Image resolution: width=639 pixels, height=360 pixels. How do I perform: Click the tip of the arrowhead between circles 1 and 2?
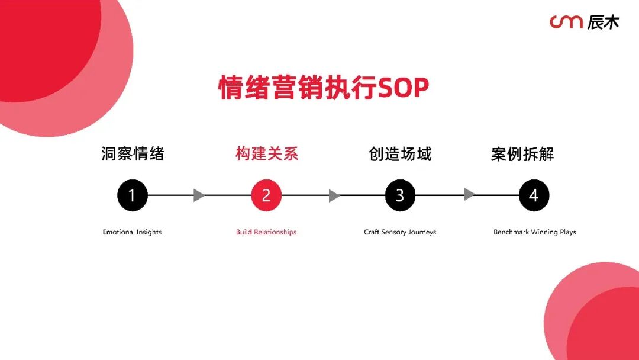[205, 195]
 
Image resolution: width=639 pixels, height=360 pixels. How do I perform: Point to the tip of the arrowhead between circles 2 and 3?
[340, 195]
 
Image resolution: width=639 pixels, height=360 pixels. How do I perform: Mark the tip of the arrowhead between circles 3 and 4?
[476, 195]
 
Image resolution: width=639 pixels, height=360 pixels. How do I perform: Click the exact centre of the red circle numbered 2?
[266, 195]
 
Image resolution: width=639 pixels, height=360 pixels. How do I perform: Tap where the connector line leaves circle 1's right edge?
[147, 195]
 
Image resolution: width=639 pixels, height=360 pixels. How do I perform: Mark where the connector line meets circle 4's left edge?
[519, 195]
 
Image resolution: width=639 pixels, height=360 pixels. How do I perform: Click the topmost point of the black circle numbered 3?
[400, 179]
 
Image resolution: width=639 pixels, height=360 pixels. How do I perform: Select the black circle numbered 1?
[133, 195]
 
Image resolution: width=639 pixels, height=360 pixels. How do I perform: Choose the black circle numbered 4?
[534, 195]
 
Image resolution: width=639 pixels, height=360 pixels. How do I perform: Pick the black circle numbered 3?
[400, 195]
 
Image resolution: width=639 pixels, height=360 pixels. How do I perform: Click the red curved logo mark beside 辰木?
[566, 21]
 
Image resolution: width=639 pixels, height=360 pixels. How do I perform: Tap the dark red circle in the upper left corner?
[45, 45]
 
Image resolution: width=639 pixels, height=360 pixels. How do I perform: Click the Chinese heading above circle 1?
[133, 154]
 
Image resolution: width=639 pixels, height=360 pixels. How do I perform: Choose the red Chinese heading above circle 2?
[267, 154]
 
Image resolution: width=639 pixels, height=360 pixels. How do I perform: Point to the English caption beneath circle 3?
[400, 232]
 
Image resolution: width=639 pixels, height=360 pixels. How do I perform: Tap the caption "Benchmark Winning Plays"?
[535, 232]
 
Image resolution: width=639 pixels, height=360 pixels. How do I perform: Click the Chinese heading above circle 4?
[522, 154]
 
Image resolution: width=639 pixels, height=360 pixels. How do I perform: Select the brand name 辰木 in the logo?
[603, 22]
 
